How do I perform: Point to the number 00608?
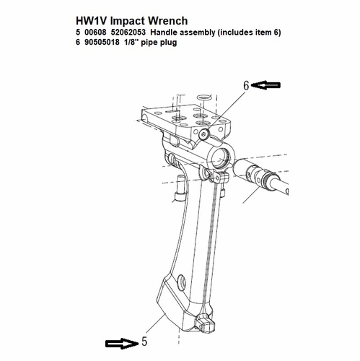point(100,34)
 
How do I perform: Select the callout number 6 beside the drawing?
point(246,86)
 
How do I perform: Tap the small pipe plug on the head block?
point(204,134)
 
